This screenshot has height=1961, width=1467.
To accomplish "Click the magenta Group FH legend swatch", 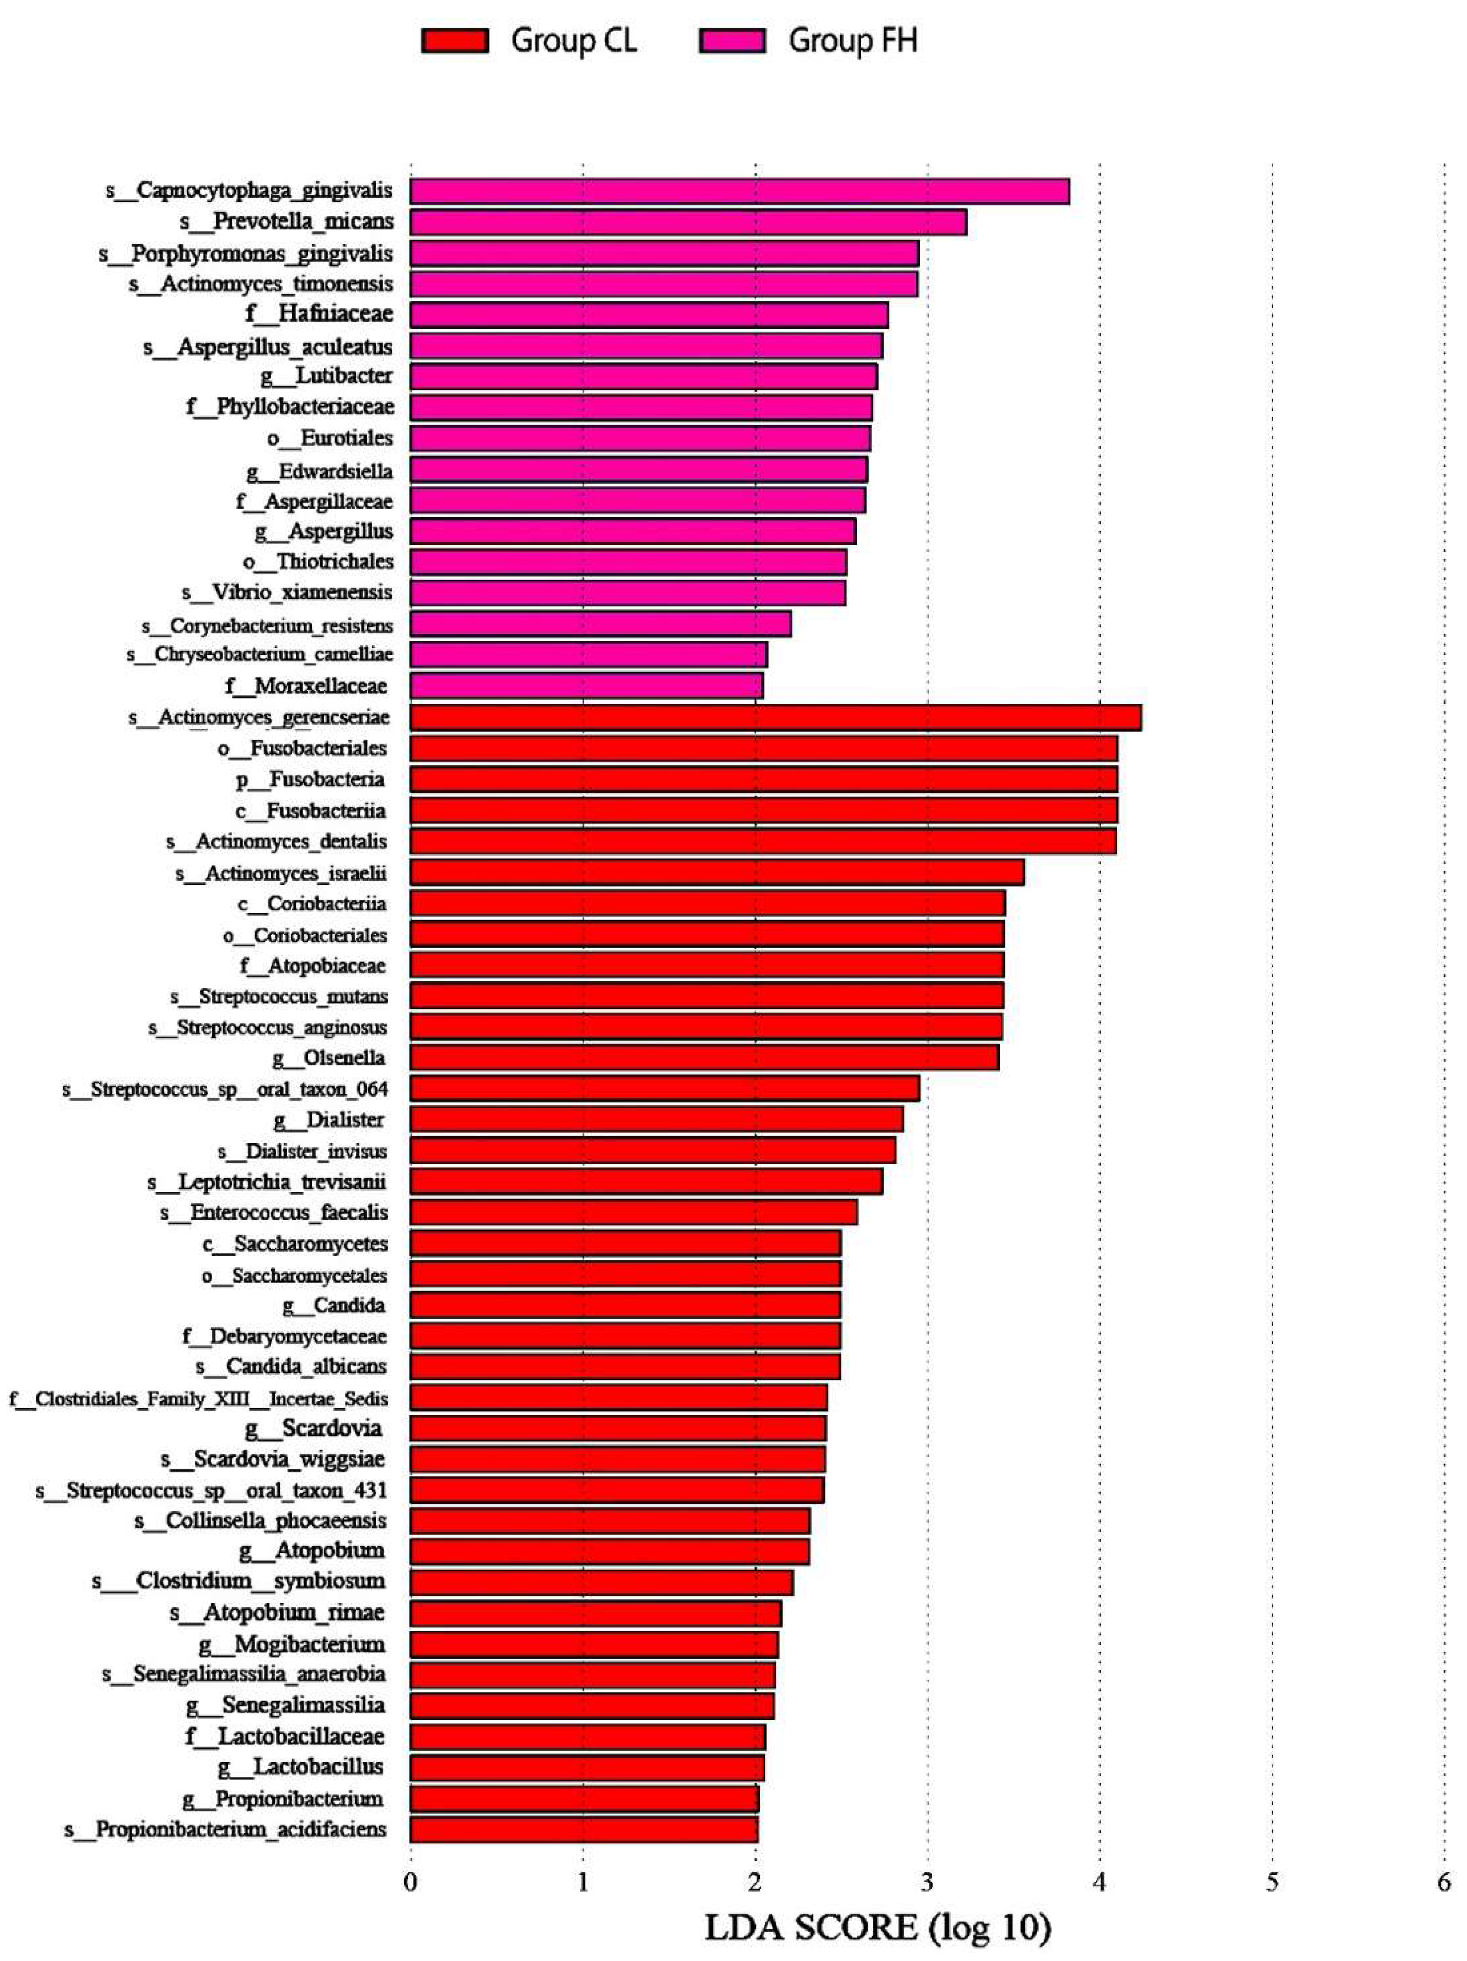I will pyautogui.click(x=732, y=41).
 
